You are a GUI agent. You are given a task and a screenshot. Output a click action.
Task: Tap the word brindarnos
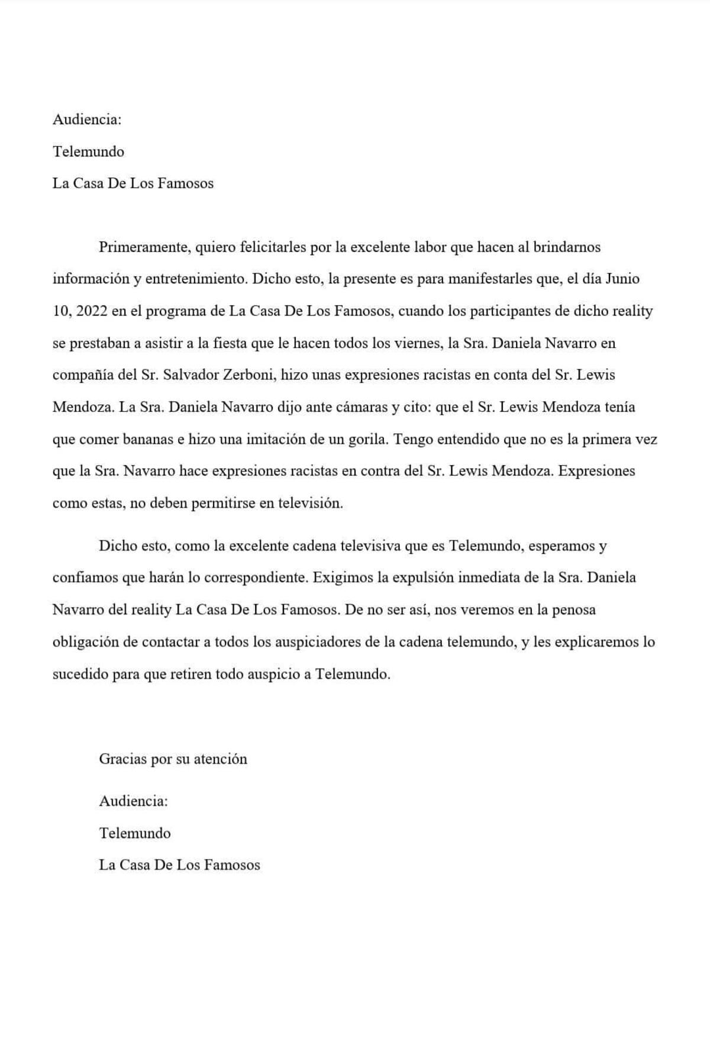pos(567,247)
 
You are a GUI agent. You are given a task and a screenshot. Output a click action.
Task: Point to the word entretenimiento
pos(193,279)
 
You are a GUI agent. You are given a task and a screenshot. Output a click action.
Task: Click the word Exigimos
pos(341,578)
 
